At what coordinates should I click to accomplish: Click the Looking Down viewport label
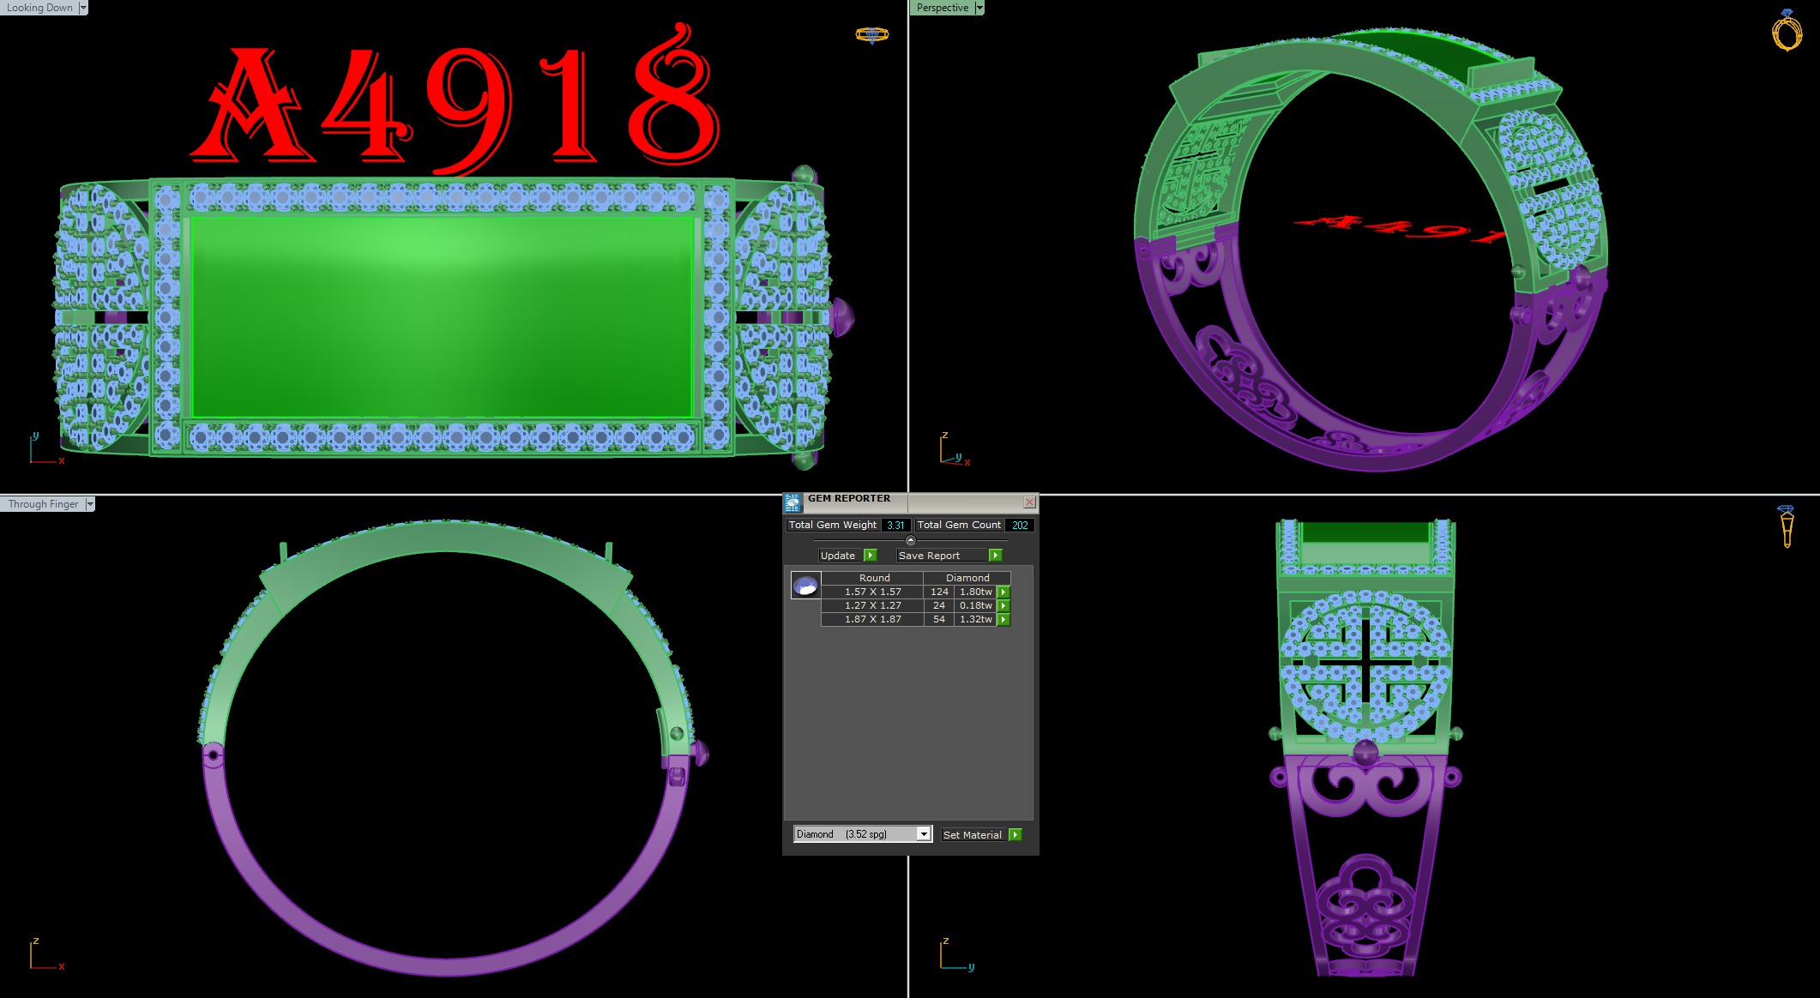pos(39,8)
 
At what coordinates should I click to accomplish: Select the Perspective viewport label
pos(942,8)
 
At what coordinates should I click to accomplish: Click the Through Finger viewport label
pos(43,504)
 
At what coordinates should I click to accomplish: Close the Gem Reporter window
pos(1029,502)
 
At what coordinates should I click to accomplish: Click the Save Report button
pos(929,556)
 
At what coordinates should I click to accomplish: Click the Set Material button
pos(972,835)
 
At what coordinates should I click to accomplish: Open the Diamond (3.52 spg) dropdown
pos(923,834)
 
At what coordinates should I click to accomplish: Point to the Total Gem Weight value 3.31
pos(895,525)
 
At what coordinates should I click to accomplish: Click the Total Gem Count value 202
pos(1019,525)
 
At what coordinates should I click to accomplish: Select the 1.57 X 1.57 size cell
pos(872,592)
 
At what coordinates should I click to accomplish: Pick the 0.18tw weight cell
pos(975,605)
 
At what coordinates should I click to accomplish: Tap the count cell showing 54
pos(939,619)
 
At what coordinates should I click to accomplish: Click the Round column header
pos(874,578)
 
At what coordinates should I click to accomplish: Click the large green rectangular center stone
pos(443,317)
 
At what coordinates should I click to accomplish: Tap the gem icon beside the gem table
pos(805,586)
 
